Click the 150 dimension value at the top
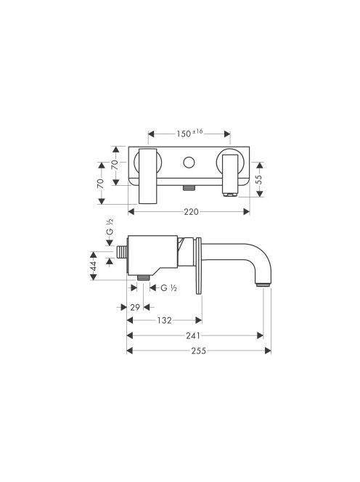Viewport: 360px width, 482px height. [x=184, y=134]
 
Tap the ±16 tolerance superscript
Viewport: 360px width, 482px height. [x=197, y=131]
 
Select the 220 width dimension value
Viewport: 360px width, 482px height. [x=191, y=212]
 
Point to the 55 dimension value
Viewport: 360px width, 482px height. [x=258, y=180]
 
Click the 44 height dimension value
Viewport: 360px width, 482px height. [x=94, y=266]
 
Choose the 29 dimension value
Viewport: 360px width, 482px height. [x=135, y=307]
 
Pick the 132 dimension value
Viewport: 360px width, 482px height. [x=164, y=320]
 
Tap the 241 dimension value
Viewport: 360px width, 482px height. [x=193, y=335]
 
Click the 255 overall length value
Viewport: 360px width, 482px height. [x=199, y=351]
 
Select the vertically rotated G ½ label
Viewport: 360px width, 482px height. [x=110, y=226]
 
